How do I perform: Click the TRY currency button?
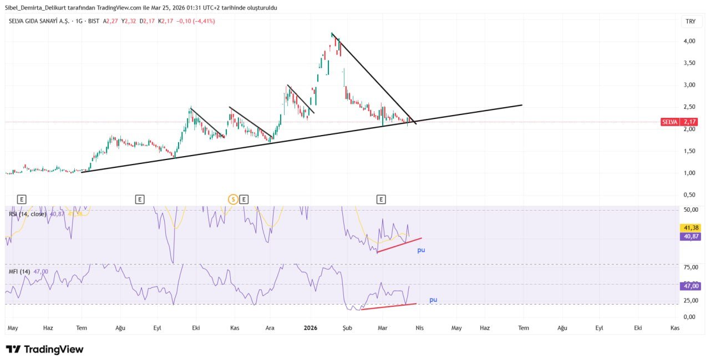click(690, 22)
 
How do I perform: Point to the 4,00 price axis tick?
click(689, 41)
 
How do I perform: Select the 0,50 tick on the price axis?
click(689, 195)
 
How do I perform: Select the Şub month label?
click(347, 328)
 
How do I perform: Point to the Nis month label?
click(419, 328)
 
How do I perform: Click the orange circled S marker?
click(234, 199)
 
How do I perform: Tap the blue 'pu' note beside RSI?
click(421, 250)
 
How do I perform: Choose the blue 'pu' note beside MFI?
click(433, 300)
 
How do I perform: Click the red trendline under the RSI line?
click(399, 245)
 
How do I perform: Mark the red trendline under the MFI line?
click(388, 306)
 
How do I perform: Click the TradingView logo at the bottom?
click(44, 349)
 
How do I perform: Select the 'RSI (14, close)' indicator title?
click(27, 214)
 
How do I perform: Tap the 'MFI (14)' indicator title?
click(20, 271)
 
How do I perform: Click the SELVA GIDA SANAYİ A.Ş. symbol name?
click(39, 21)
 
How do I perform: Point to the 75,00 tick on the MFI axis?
click(690, 267)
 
